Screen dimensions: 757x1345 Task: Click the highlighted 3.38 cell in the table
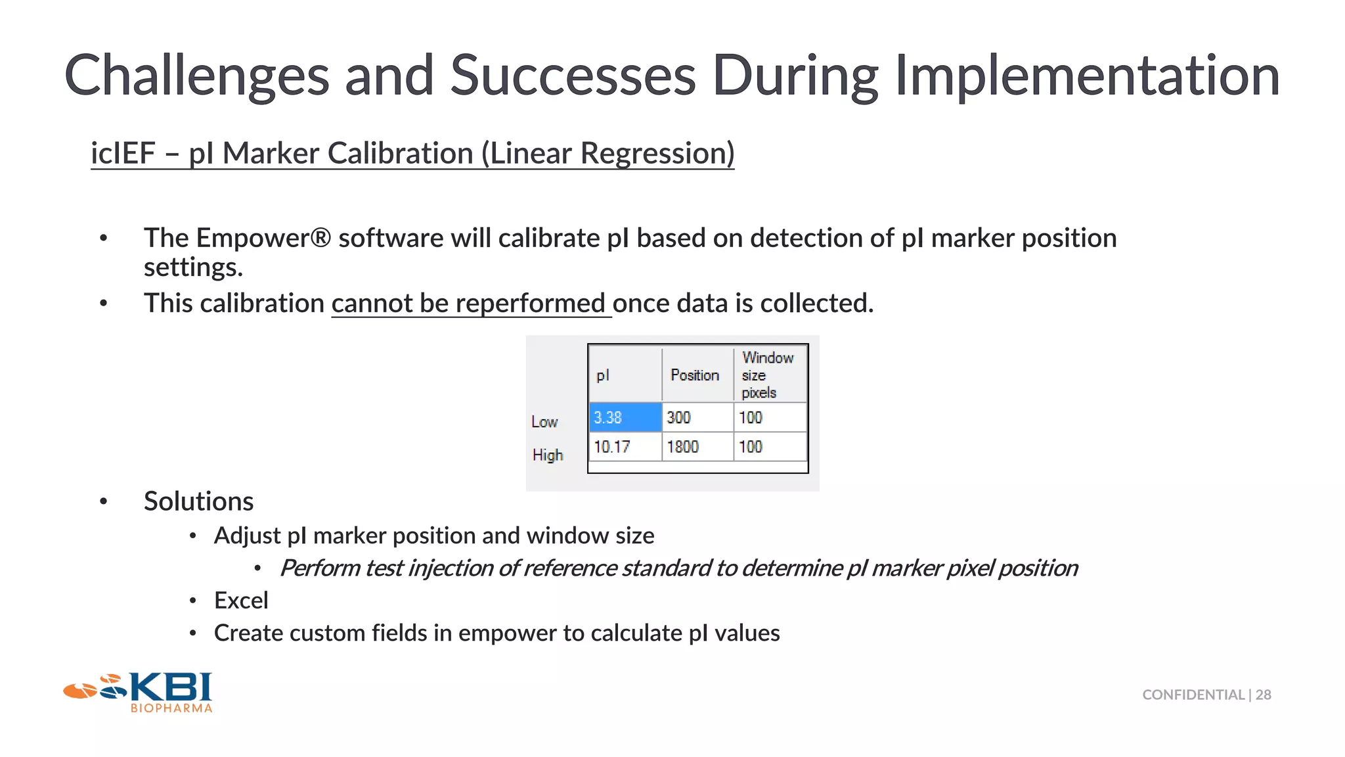[625, 417]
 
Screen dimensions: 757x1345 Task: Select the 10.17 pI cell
[625, 447]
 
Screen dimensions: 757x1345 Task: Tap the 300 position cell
[697, 417]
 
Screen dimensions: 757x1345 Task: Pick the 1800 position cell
[697, 447]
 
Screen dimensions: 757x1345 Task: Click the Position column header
[695, 375]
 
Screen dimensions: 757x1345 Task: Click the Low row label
[544, 422]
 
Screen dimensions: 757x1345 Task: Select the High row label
[548, 455]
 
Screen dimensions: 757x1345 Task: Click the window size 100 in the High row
[768, 447]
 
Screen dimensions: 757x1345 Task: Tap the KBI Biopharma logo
[138, 693]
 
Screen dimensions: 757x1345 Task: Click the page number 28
[1264, 695]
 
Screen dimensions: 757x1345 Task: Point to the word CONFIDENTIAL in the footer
[1193, 695]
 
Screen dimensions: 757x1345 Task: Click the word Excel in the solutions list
[241, 601]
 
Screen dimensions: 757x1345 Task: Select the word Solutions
[198, 501]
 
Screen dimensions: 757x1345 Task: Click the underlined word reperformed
[529, 304]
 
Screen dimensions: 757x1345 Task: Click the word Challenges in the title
[196, 76]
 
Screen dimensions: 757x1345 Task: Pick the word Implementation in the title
[1087, 76]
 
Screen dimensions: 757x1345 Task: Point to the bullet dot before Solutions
[103, 502]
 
